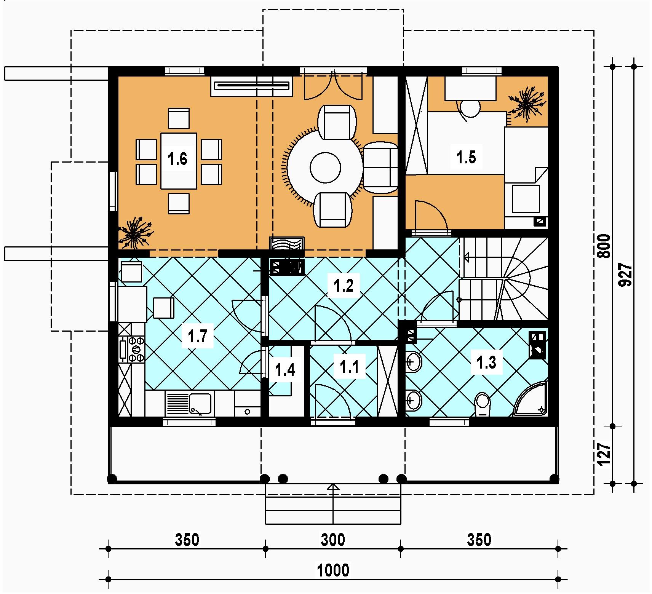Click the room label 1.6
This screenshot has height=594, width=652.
point(178,159)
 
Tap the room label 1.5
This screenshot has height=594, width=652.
point(467,157)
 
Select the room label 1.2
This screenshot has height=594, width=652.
point(344,286)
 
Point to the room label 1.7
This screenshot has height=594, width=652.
point(197,337)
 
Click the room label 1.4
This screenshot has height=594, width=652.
point(285,369)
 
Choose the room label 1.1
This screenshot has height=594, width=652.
point(349,367)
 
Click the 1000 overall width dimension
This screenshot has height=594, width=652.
point(333,571)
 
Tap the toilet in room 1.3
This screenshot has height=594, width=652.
point(483,404)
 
